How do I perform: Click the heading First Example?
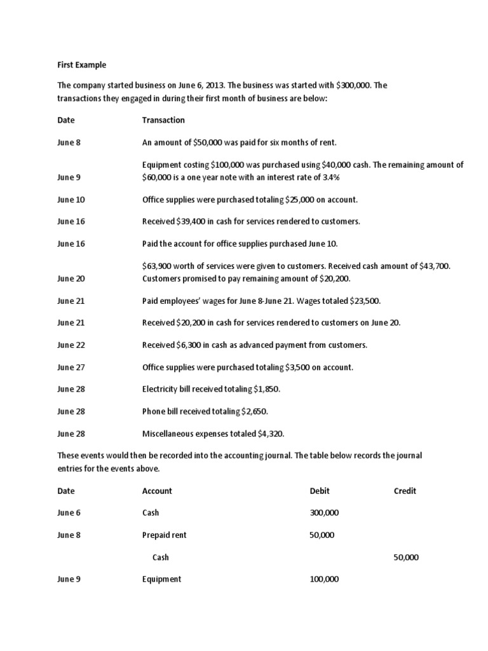tap(82, 65)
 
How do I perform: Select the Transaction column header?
tap(163, 120)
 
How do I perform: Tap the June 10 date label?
tap(71, 200)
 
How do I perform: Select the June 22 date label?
tap(71, 345)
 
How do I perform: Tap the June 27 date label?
tap(71, 367)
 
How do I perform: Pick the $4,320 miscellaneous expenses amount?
tap(269, 434)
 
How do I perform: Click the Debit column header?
tap(320, 491)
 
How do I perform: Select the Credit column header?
tap(405, 491)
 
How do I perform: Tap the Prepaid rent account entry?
tap(164, 535)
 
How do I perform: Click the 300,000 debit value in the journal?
tap(324, 513)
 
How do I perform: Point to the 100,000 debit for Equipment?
tap(324, 579)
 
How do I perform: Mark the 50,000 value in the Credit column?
tap(406, 558)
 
